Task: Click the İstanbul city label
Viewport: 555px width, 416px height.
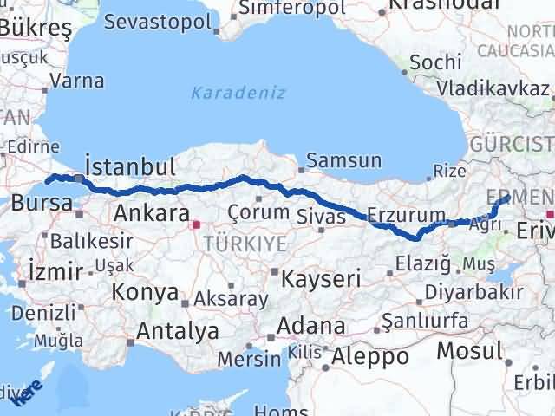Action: [x=130, y=166]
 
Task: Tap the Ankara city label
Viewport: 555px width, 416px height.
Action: [x=152, y=213]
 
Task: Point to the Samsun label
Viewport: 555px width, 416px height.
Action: [x=343, y=160]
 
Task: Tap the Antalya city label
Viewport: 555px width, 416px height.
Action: [x=178, y=330]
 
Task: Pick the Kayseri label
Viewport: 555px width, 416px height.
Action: [x=320, y=278]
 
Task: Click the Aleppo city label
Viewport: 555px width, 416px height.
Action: [x=369, y=355]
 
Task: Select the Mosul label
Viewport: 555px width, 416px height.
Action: [x=468, y=351]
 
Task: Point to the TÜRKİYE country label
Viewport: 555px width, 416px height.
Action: [x=245, y=244]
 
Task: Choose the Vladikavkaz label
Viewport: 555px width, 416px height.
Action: [x=492, y=88]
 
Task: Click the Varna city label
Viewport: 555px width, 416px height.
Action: [x=77, y=81]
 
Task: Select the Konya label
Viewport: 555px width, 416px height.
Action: [x=145, y=292]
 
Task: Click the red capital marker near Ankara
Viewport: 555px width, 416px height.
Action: [x=195, y=224]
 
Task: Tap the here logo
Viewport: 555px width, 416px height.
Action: [x=31, y=387]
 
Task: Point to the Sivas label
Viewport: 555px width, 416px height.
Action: [x=321, y=214]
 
